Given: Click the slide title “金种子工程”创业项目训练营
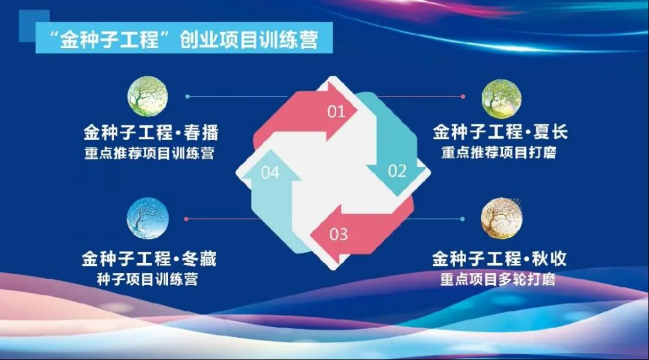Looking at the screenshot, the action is (x=183, y=39).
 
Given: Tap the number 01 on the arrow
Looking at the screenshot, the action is (x=336, y=111).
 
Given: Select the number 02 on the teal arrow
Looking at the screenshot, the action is (x=397, y=171).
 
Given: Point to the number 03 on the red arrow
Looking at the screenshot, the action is (x=339, y=234).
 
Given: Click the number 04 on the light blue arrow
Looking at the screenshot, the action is (x=270, y=173).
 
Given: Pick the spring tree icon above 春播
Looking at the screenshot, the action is (x=148, y=96).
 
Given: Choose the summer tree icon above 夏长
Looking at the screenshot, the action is (x=501, y=99).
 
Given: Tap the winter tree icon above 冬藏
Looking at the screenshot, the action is (x=148, y=218).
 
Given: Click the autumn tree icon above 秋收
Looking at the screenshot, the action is (x=501, y=218).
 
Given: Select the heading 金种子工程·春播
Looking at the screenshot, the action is (x=151, y=133).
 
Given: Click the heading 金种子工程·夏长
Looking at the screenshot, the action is (x=500, y=132).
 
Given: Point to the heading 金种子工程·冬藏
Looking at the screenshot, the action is (x=149, y=259).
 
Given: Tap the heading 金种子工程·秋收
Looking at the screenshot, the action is (x=499, y=259).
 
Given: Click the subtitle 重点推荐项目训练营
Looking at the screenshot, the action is (x=149, y=153).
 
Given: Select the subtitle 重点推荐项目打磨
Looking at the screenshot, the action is (x=498, y=152).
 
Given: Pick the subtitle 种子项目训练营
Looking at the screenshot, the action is (x=148, y=279).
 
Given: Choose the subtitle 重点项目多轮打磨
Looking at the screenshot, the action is (x=497, y=279).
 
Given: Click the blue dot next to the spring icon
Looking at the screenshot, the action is (x=187, y=97).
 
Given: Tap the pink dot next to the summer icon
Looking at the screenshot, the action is (x=463, y=97).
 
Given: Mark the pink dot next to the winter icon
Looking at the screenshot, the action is (x=186, y=219).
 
